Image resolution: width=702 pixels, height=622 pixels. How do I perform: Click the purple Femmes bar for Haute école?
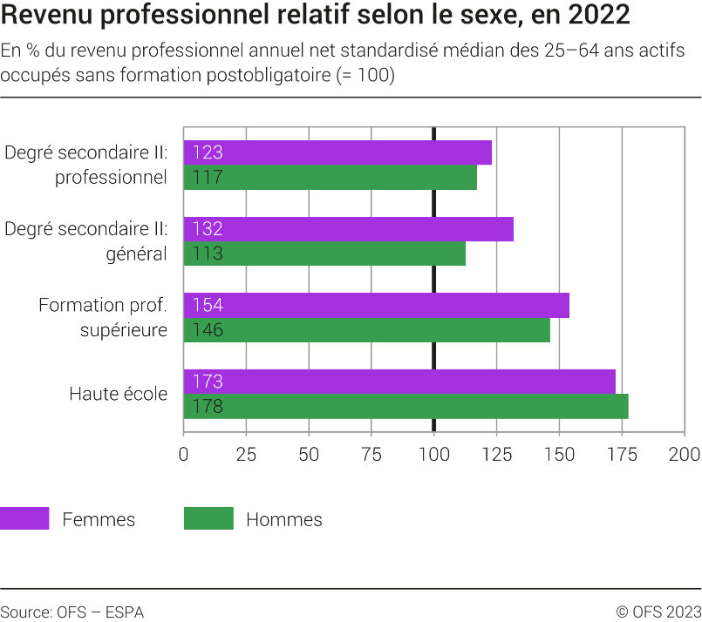coord(399,382)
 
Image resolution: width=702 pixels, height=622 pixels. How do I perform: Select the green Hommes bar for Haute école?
coord(406,406)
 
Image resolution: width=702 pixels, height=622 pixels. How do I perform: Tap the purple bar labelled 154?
coord(376,305)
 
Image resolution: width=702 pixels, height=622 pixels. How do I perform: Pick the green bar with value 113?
coord(324,254)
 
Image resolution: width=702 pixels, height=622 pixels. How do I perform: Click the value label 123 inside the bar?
coord(208,152)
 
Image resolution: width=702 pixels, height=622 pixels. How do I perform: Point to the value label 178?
coord(208,407)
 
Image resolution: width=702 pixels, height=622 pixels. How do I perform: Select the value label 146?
coord(208,330)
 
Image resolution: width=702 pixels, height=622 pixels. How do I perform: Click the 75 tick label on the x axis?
coord(371,454)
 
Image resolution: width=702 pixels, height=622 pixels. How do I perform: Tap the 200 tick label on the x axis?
coord(684,454)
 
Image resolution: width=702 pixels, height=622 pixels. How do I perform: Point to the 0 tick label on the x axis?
coord(183,454)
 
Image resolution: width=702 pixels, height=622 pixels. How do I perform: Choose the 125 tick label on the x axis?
coord(496,454)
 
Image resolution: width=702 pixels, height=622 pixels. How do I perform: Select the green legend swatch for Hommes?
coord(208,518)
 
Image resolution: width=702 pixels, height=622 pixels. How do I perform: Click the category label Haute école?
coord(119,394)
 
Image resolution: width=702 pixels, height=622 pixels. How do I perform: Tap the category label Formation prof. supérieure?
coord(103,317)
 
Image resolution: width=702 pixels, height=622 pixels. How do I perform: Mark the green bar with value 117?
coord(330,178)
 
